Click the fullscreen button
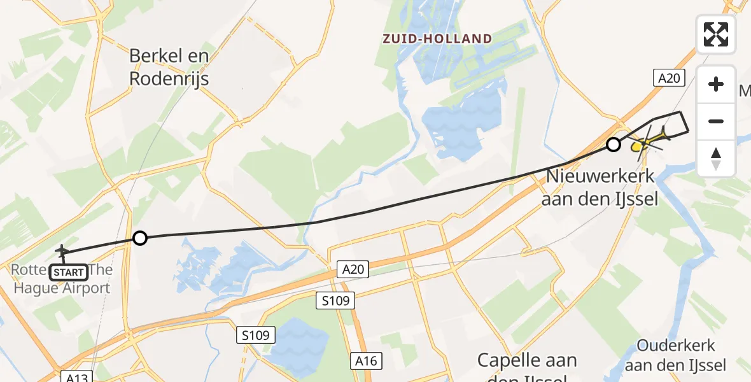coord(716,34)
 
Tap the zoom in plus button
coord(716,84)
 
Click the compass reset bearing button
coord(716,158)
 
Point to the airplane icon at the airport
coord(62,251)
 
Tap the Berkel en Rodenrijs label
coord(169,67)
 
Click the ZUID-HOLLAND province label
coord(437,39)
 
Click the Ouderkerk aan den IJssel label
coord(676,355)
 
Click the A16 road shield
coord(366,362)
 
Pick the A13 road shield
coord(78,377)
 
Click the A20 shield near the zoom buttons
coord(670,78)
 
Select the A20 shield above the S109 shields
coord(352,270)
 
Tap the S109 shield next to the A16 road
coord(335,301)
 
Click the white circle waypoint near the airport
coord(139,238)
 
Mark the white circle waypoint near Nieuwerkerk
coord(613,145)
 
